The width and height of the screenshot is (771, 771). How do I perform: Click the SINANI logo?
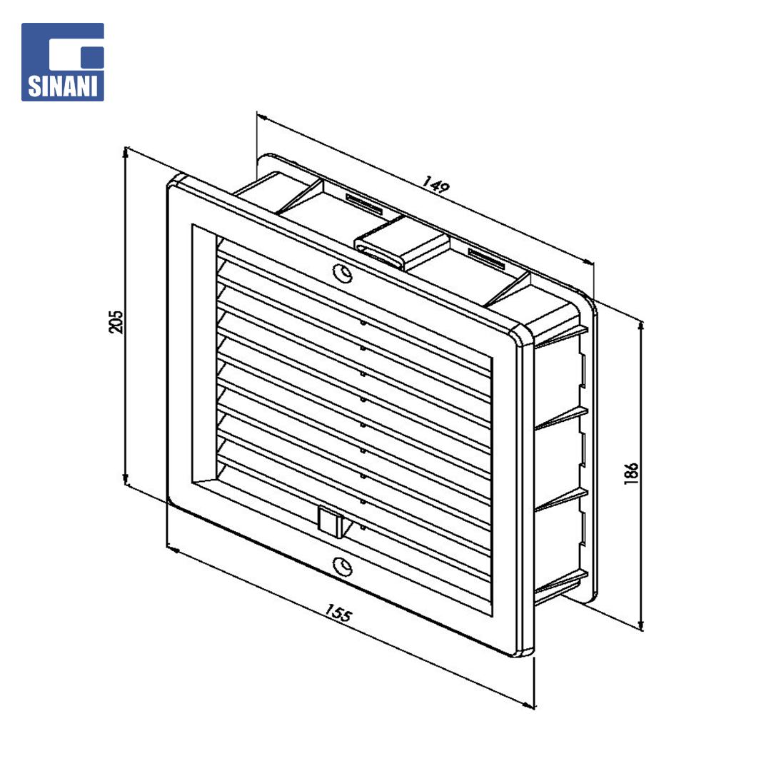[x=62, y=62]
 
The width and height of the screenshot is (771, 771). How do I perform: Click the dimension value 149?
[x=435, y=185]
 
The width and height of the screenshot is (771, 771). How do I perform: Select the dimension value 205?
[x=116, y=321]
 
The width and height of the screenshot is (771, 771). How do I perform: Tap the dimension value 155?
[x=338, y=613]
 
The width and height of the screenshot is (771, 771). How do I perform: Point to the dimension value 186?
[x=631, y=473]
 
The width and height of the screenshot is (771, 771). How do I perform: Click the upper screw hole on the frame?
[x=342, y=273]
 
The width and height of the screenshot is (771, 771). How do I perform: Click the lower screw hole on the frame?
[x=342, y=566]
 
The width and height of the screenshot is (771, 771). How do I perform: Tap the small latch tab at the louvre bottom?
[x=330, y=522]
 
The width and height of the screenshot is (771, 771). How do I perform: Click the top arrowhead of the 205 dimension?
[x=126, y=153]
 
